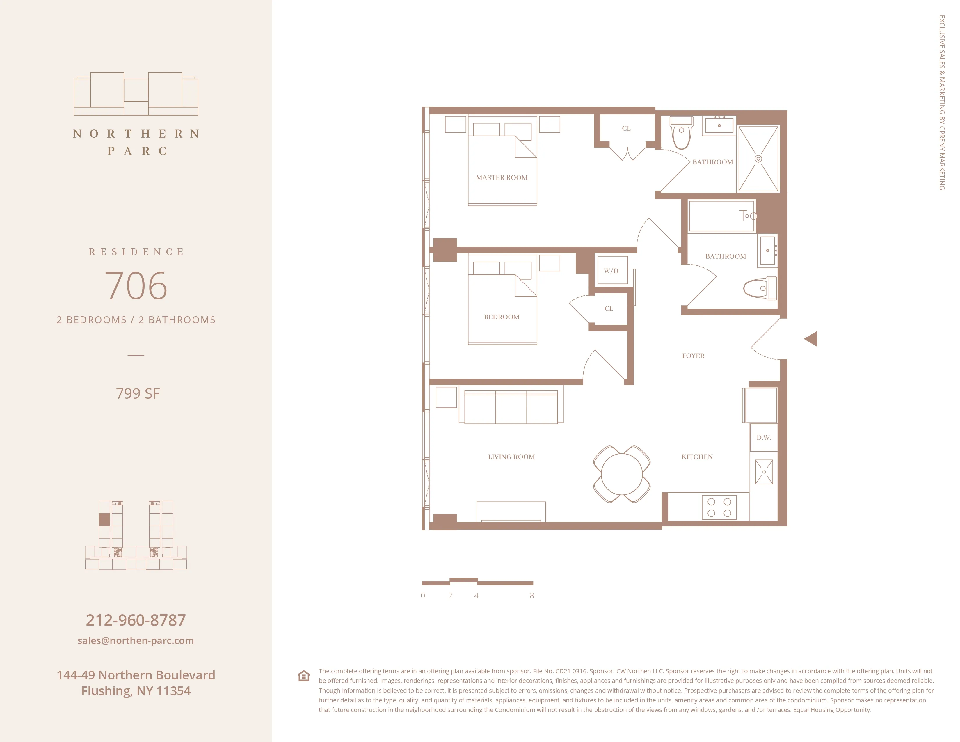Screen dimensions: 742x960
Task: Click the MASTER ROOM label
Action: tap(502, 177)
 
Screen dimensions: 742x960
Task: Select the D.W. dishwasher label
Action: tap(764, 437)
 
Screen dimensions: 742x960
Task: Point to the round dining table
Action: tap(622, 474)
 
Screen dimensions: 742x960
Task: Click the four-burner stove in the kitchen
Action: tap(719, 507)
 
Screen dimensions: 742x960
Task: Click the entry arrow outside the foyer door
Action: tap(811, 339)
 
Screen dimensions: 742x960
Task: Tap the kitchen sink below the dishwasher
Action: tap(764, 472)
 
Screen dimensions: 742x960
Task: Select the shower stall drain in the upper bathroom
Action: tap(758, 159)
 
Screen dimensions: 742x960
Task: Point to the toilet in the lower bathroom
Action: tap(760, 288)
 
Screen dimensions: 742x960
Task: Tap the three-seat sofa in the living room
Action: tap(511, 407)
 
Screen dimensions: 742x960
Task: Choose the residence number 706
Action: tap(136, 286)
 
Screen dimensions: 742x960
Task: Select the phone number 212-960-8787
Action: tap(136, 620)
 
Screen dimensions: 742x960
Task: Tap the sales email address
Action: tap(136, 640)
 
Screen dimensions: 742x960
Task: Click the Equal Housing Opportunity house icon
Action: tap(304, 676)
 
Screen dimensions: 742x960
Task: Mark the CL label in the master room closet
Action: tap(626, 128)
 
